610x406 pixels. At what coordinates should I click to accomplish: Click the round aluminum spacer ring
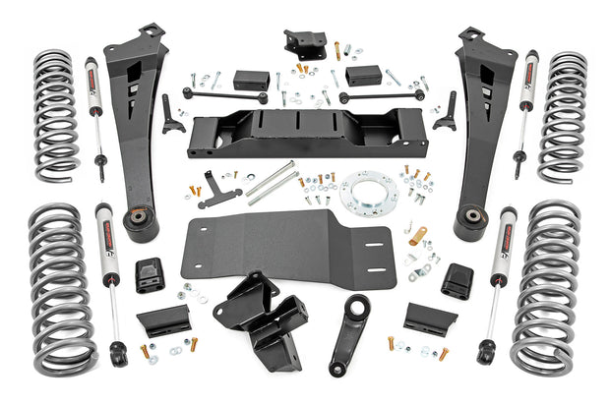(369, 195)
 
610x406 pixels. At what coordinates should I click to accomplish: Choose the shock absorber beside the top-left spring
(95, 113)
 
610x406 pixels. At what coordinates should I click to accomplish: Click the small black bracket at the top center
(304, 43)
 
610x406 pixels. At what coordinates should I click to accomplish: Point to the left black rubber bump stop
(150, 275)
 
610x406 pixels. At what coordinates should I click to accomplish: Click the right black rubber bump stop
(456, 280)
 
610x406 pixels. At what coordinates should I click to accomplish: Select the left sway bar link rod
(223, 96)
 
